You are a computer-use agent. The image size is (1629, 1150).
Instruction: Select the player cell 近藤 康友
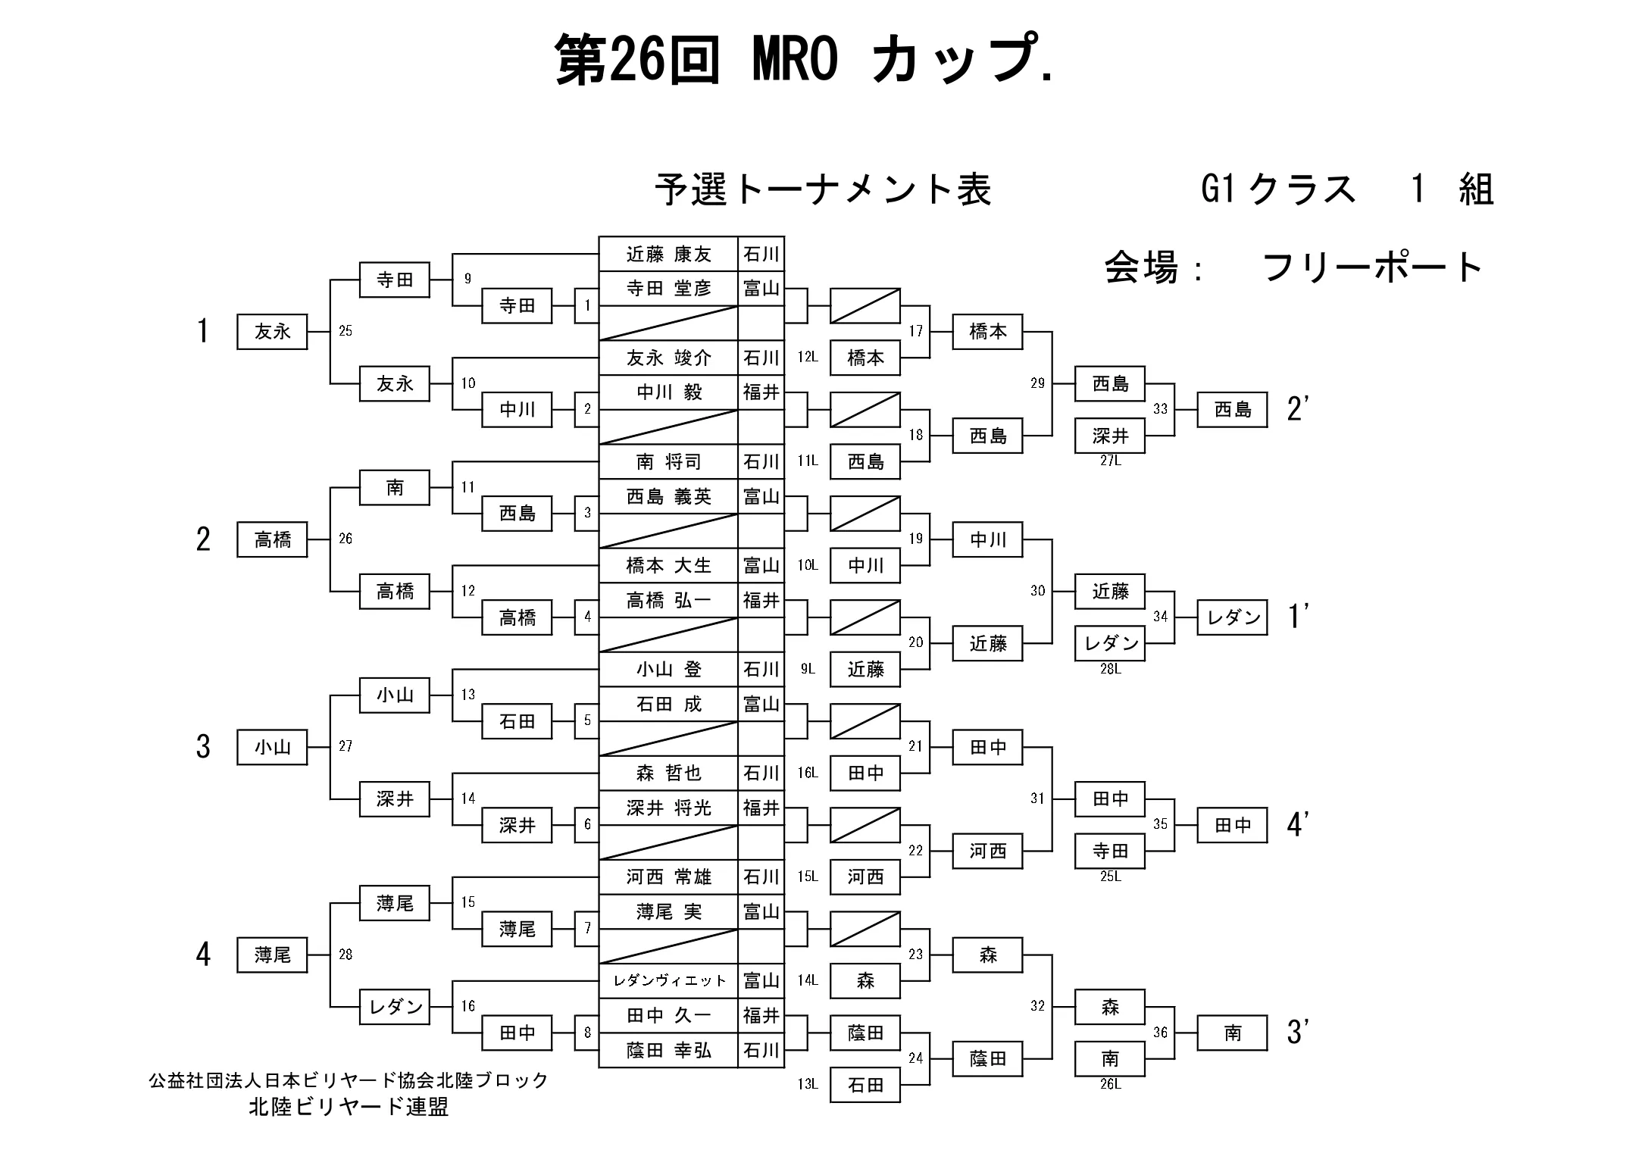[668, 254]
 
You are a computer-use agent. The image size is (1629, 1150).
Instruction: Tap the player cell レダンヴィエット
[668, 981]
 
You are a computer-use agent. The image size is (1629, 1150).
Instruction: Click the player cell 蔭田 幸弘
[668, 1051]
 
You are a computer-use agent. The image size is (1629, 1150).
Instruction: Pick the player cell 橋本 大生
[668, 566]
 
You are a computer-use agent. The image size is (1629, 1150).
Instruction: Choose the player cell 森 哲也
[668, 773]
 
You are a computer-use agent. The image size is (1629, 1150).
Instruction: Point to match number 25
[345, 331]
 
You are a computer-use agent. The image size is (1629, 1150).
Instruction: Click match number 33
[1160, 409]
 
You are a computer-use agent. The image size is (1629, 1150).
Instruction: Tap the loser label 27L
[1110, 461]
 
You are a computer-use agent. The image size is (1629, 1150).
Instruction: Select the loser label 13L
[808, 1084]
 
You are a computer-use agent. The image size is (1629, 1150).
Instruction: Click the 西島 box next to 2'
[1232, 410]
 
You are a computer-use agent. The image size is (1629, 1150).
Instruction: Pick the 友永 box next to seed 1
[272, 332]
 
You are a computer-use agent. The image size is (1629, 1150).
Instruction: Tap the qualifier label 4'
[1298, 825]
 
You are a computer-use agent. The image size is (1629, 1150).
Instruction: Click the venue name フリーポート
[1371, 267]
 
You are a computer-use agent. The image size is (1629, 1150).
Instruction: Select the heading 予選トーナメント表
[823, 189]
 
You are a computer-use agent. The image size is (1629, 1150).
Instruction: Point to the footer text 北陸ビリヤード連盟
[349, 1107]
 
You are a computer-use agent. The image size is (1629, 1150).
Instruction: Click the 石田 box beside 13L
[865, 1086]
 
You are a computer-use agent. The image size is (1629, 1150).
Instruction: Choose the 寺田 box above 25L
[1110, 852]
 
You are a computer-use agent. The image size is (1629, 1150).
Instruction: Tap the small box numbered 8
[587, 1033]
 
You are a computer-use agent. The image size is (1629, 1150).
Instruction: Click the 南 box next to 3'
[1232, 1033]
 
